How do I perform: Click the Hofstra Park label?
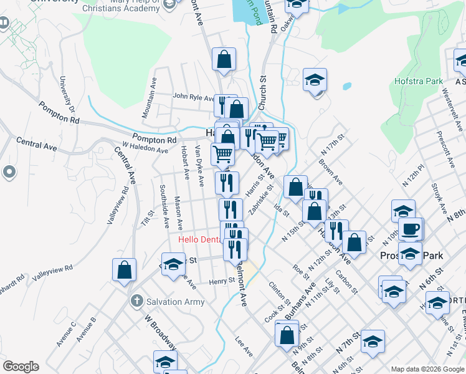418,81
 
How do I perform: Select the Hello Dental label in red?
200,239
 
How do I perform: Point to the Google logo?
21,367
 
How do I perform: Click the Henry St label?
221,282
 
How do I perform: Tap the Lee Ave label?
244,348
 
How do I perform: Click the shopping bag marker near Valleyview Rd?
124,269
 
